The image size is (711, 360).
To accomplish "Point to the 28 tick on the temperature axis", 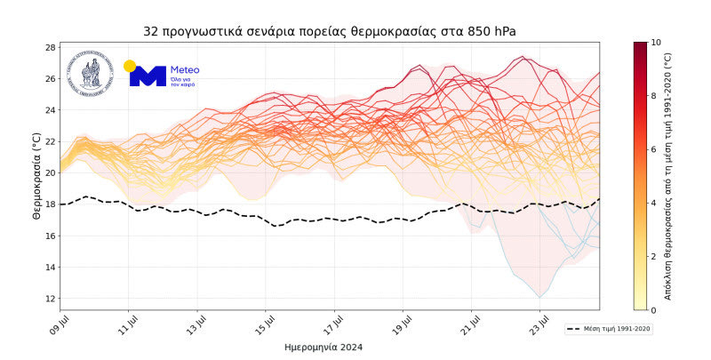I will (x=51, y=47).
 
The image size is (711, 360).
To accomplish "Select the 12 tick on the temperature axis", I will (x=51, y=299).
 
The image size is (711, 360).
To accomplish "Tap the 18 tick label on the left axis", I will (x=51, y=204).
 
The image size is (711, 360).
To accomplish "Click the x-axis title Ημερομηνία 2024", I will (x=328, y=347).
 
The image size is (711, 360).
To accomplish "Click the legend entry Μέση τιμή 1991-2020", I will (x=613, y=328).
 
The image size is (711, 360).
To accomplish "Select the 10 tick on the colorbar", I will (x=656, y=42).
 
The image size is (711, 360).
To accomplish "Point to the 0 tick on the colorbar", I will (x=654, y=310).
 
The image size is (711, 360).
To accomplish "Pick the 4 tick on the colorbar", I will (x=654, y=203).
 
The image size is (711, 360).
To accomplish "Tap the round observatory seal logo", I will (x=92, y=73).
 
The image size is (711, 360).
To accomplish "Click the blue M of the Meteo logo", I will (x=148, y=76).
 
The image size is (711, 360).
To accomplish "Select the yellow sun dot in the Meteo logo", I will (x=130, y=66).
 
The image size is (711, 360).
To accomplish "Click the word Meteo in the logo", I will (x=184, y=69).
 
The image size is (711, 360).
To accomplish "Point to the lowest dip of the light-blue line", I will (x=539, y=297).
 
